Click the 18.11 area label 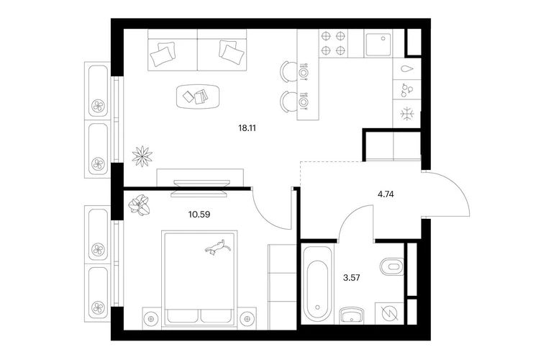tap(247, 128)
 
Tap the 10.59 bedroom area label tap(199, 215)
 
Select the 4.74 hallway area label tap(386, 194)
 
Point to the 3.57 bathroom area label tap(352, 278)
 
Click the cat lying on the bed tap(218, 246)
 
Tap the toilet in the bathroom tap(392, 266)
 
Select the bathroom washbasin tap(352, 315)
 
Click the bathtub tap(317, 283)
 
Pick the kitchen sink tap(378, 44)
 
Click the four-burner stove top tap(333, 43)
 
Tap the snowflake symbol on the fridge tap(407, 114)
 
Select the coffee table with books tap(198, 96)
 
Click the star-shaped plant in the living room tap(142, 156)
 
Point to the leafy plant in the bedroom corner tap(139, 206)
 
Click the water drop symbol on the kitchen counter tap(407, 69)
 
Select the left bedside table tap(152, 319)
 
